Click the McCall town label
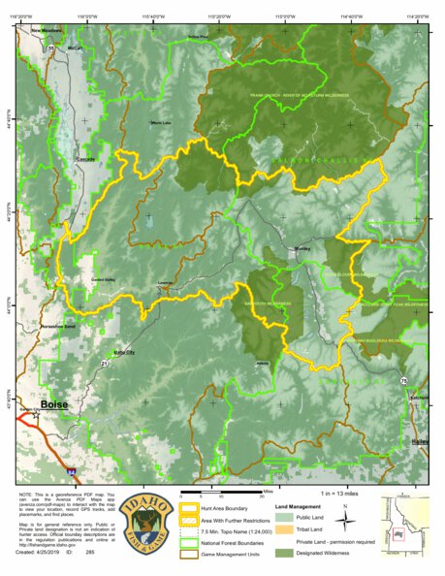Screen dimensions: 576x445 [x=74, y=47]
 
